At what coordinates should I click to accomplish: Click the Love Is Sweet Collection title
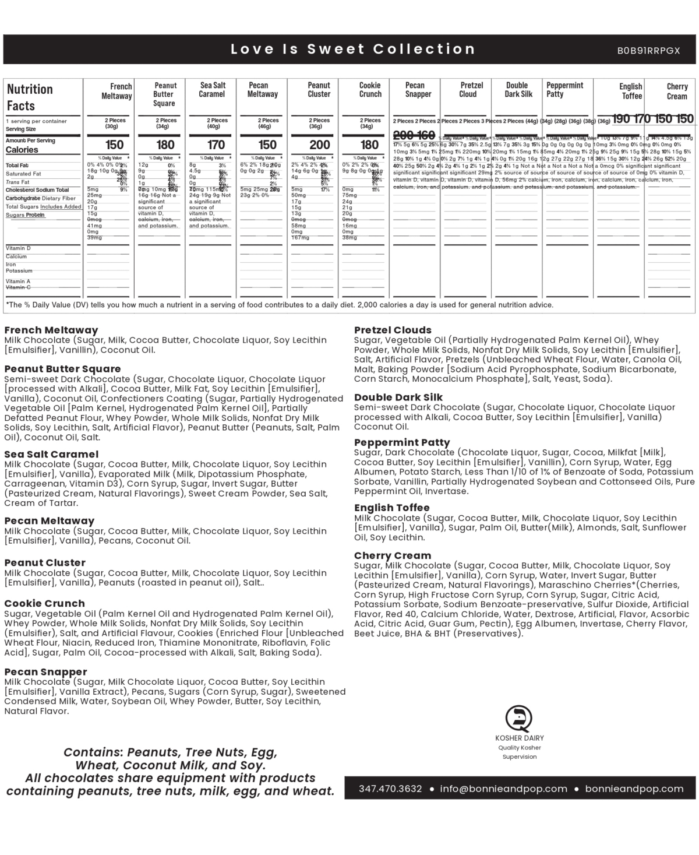[353, 49]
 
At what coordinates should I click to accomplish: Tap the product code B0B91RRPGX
[648, 51]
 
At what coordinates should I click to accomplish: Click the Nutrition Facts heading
[30, 97]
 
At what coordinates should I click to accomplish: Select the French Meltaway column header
[117, 92]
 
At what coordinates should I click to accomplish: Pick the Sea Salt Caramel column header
[213, 90]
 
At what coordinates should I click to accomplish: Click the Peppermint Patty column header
[564, 90]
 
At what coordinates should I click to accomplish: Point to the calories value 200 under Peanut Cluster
[319, 145]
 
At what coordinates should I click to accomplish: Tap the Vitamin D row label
[18, 248]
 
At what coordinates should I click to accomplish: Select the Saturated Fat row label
[23, 174]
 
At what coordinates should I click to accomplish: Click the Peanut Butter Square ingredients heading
[62, 369]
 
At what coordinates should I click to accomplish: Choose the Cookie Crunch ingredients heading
[44, 603]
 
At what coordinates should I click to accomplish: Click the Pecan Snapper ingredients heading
[45, 672]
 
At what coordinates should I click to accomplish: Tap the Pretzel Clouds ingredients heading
[393, 330]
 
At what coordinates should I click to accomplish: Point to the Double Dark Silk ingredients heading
[398, 397]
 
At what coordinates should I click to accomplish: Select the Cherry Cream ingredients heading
[393, 555]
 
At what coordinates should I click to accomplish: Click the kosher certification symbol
[518, 718]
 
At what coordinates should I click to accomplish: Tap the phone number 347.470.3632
[390, 789]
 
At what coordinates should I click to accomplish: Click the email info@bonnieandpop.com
[503, 789]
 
